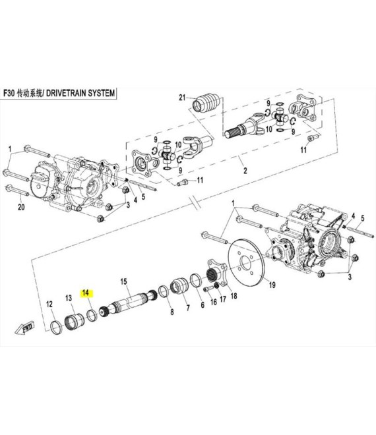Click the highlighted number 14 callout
[x=86, y=293]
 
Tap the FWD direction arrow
[x=25, y=328]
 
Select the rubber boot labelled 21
[x=206, y=105]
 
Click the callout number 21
[x=182, y=98]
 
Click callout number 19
[x=272, y=285]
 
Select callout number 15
[x=123, y=282]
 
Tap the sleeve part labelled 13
[x=75, y=321]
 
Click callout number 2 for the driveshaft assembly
[x=245, y=170]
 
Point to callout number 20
[x=21, y=207]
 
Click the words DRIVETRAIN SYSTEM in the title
[x=80, y=93]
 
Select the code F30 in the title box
[x=9, y=93]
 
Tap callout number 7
[x=188, y=308]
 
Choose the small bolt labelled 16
[x=208, y=289]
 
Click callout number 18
[x=234, y=296]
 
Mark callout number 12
[x=49, y=304]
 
